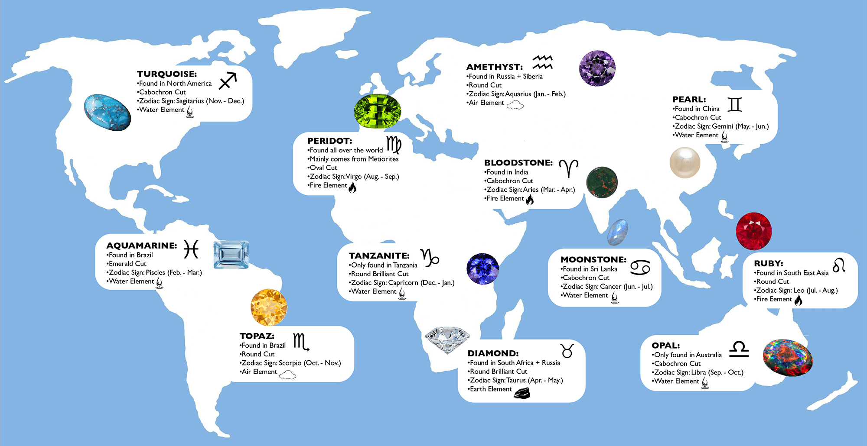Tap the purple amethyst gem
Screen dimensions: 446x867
coord(597,68)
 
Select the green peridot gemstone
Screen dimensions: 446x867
coord(377,111)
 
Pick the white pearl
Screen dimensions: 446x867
coord(685,162)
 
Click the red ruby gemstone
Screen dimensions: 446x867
coord(754,231)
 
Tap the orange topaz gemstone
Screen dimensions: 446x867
coord(269,307)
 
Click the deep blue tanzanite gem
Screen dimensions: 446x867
coord(482,269)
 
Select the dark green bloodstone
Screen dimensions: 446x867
coord(602,182)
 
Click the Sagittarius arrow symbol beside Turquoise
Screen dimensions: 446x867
coord(228,81)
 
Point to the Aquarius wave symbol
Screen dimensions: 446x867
coord(542,62)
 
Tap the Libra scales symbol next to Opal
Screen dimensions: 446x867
coord(739,349)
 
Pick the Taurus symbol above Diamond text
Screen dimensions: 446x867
coord(567,351)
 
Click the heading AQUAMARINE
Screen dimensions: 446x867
coord(142,246)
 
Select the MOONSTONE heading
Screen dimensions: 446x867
coord(593,259)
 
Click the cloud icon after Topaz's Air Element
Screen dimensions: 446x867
coord(287,375)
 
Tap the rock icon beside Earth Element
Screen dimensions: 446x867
coord(522,393)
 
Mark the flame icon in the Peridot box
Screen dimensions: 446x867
coord(352,187)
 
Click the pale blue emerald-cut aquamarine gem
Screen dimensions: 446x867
coord(231,255)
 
